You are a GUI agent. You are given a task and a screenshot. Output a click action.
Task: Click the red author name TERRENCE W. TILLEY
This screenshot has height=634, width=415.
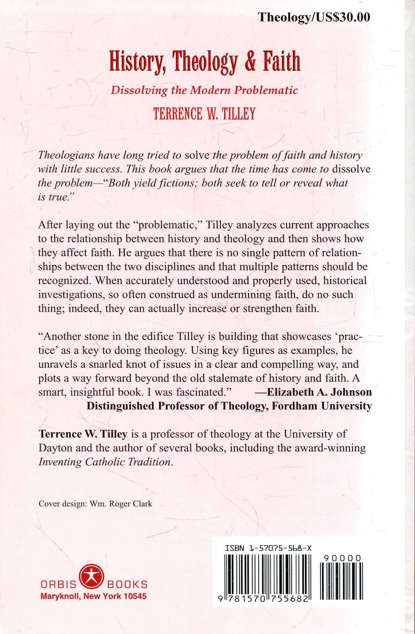pos(204,114)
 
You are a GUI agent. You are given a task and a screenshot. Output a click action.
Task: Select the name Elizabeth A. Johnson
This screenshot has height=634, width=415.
pos(319,392)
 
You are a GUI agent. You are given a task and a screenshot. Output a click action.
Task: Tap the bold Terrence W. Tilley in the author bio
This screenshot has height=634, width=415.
pos(83,434)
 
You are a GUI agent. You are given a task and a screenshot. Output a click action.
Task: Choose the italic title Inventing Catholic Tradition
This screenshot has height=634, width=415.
pos(105,462)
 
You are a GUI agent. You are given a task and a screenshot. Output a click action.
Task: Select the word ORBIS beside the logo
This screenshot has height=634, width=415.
pos(59,585)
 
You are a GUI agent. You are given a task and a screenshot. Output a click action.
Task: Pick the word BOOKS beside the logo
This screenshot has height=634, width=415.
pos(127,585)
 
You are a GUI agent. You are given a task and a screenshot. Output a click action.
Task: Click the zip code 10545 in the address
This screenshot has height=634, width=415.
pos(135,596)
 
